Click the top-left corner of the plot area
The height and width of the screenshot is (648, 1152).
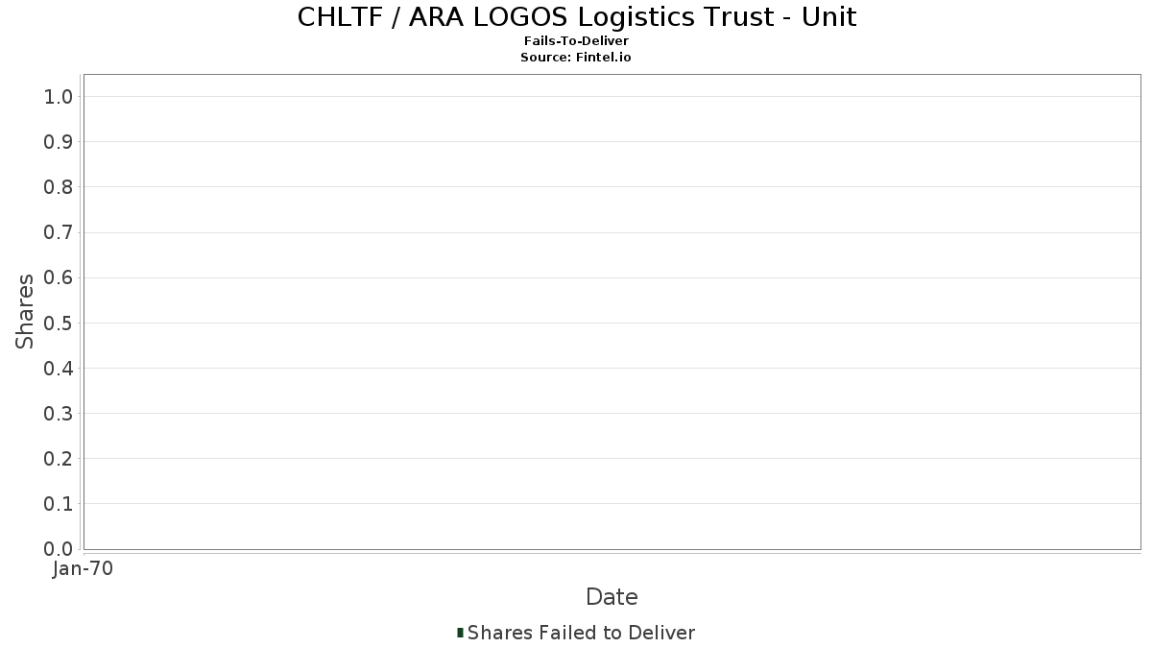(x=84, y=75)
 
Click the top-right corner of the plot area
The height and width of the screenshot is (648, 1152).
(x=1140, y=75)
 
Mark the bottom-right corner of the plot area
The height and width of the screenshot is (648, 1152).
(x=1140, y=549)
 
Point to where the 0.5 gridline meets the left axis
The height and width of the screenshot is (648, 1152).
(x=84, y=323)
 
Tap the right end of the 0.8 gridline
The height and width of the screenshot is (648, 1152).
(x=1140, y=186)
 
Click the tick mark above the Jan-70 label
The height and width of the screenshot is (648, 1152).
(x=84, y=554)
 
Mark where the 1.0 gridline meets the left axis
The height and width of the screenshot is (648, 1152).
(x=84, y=96)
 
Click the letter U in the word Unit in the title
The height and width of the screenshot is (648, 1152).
(x=810, y=17)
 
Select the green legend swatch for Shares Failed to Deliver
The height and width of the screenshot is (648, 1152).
(x=460, y=633)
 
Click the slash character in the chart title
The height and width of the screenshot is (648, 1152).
(x=396, y=17)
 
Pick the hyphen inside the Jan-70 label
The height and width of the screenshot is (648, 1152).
(x=84, y=570)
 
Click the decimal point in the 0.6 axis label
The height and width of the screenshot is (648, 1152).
(x=58, y=283)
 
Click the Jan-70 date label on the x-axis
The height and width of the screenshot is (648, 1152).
(x=83, y=568)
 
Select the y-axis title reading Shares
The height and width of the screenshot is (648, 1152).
(x=24, y=312)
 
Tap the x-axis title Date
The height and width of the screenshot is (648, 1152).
(x=612, y=597)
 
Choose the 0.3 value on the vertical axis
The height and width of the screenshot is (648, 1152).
(x=59, y=414)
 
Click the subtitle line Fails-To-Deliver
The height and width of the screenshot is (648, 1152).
(x=576, y=40)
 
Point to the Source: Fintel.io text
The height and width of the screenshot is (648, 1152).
(x=575, y=57)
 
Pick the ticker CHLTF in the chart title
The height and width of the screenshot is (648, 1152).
(x=340, y=17)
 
